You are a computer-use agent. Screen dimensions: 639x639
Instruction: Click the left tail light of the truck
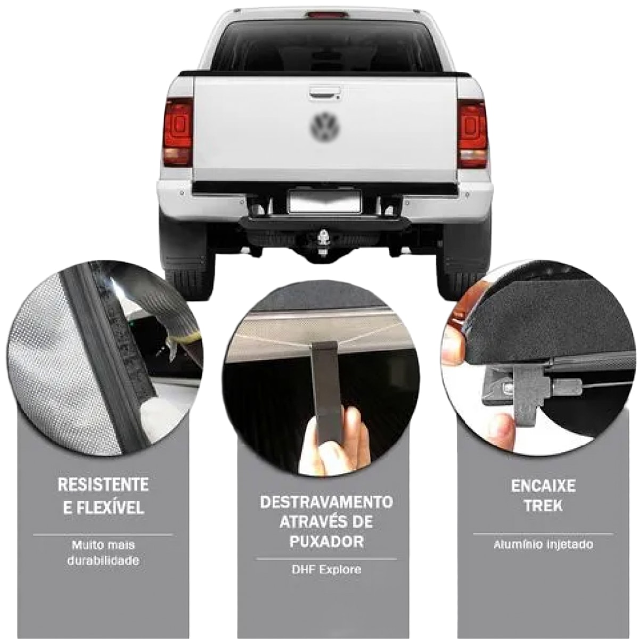tap(178, 132)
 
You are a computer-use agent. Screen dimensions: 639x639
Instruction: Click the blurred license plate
tap(325, 201)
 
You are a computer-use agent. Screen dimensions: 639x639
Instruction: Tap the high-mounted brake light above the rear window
tap(327, 14)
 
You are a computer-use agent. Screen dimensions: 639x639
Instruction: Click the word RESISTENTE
tap(103, 485)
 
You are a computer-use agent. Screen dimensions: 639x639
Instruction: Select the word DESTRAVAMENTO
tap(326, 502)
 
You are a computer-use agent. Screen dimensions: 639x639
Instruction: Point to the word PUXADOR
tap(326, 542)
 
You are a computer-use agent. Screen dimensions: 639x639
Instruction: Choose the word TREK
tap(543, 506)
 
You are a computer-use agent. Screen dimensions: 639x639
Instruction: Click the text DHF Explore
tap(326, 570)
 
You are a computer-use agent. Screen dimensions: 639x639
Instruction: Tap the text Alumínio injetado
tap(543, 545)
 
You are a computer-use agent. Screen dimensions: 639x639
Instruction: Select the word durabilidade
tap(103, 561)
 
